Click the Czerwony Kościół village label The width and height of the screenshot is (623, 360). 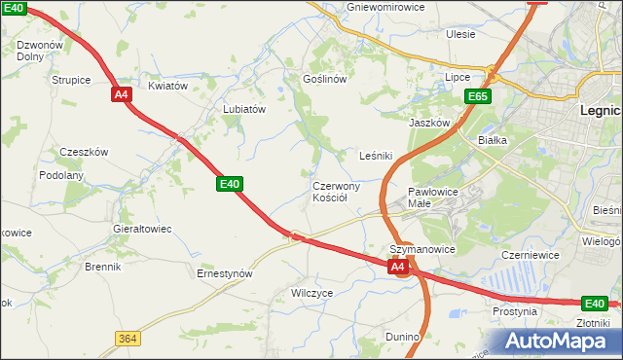[x=336, y=192]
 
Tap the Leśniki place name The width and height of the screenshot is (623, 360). [x=376, y=155]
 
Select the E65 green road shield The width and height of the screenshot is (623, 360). [x=477, y=96]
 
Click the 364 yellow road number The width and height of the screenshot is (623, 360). [x=126, y=338]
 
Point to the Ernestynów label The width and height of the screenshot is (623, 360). [x=225, y=274]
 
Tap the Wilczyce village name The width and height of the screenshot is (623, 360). [x=312, y=292]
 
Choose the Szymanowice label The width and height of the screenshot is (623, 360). [x=422, y=249]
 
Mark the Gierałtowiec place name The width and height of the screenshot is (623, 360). [x=143, y=229]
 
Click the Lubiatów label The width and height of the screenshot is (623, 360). [x=244, y=110]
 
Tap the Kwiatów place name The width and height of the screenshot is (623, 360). [x=167, y=86]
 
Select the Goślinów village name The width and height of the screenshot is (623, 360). [x=325, y=79]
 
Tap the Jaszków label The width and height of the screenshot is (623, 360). [x=428, y=124]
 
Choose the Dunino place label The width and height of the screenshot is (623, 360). [x=402, y=337]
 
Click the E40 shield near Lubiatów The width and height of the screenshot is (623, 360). [x=230, y=183]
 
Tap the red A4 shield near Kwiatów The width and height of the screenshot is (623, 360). [x=121, y=94]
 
